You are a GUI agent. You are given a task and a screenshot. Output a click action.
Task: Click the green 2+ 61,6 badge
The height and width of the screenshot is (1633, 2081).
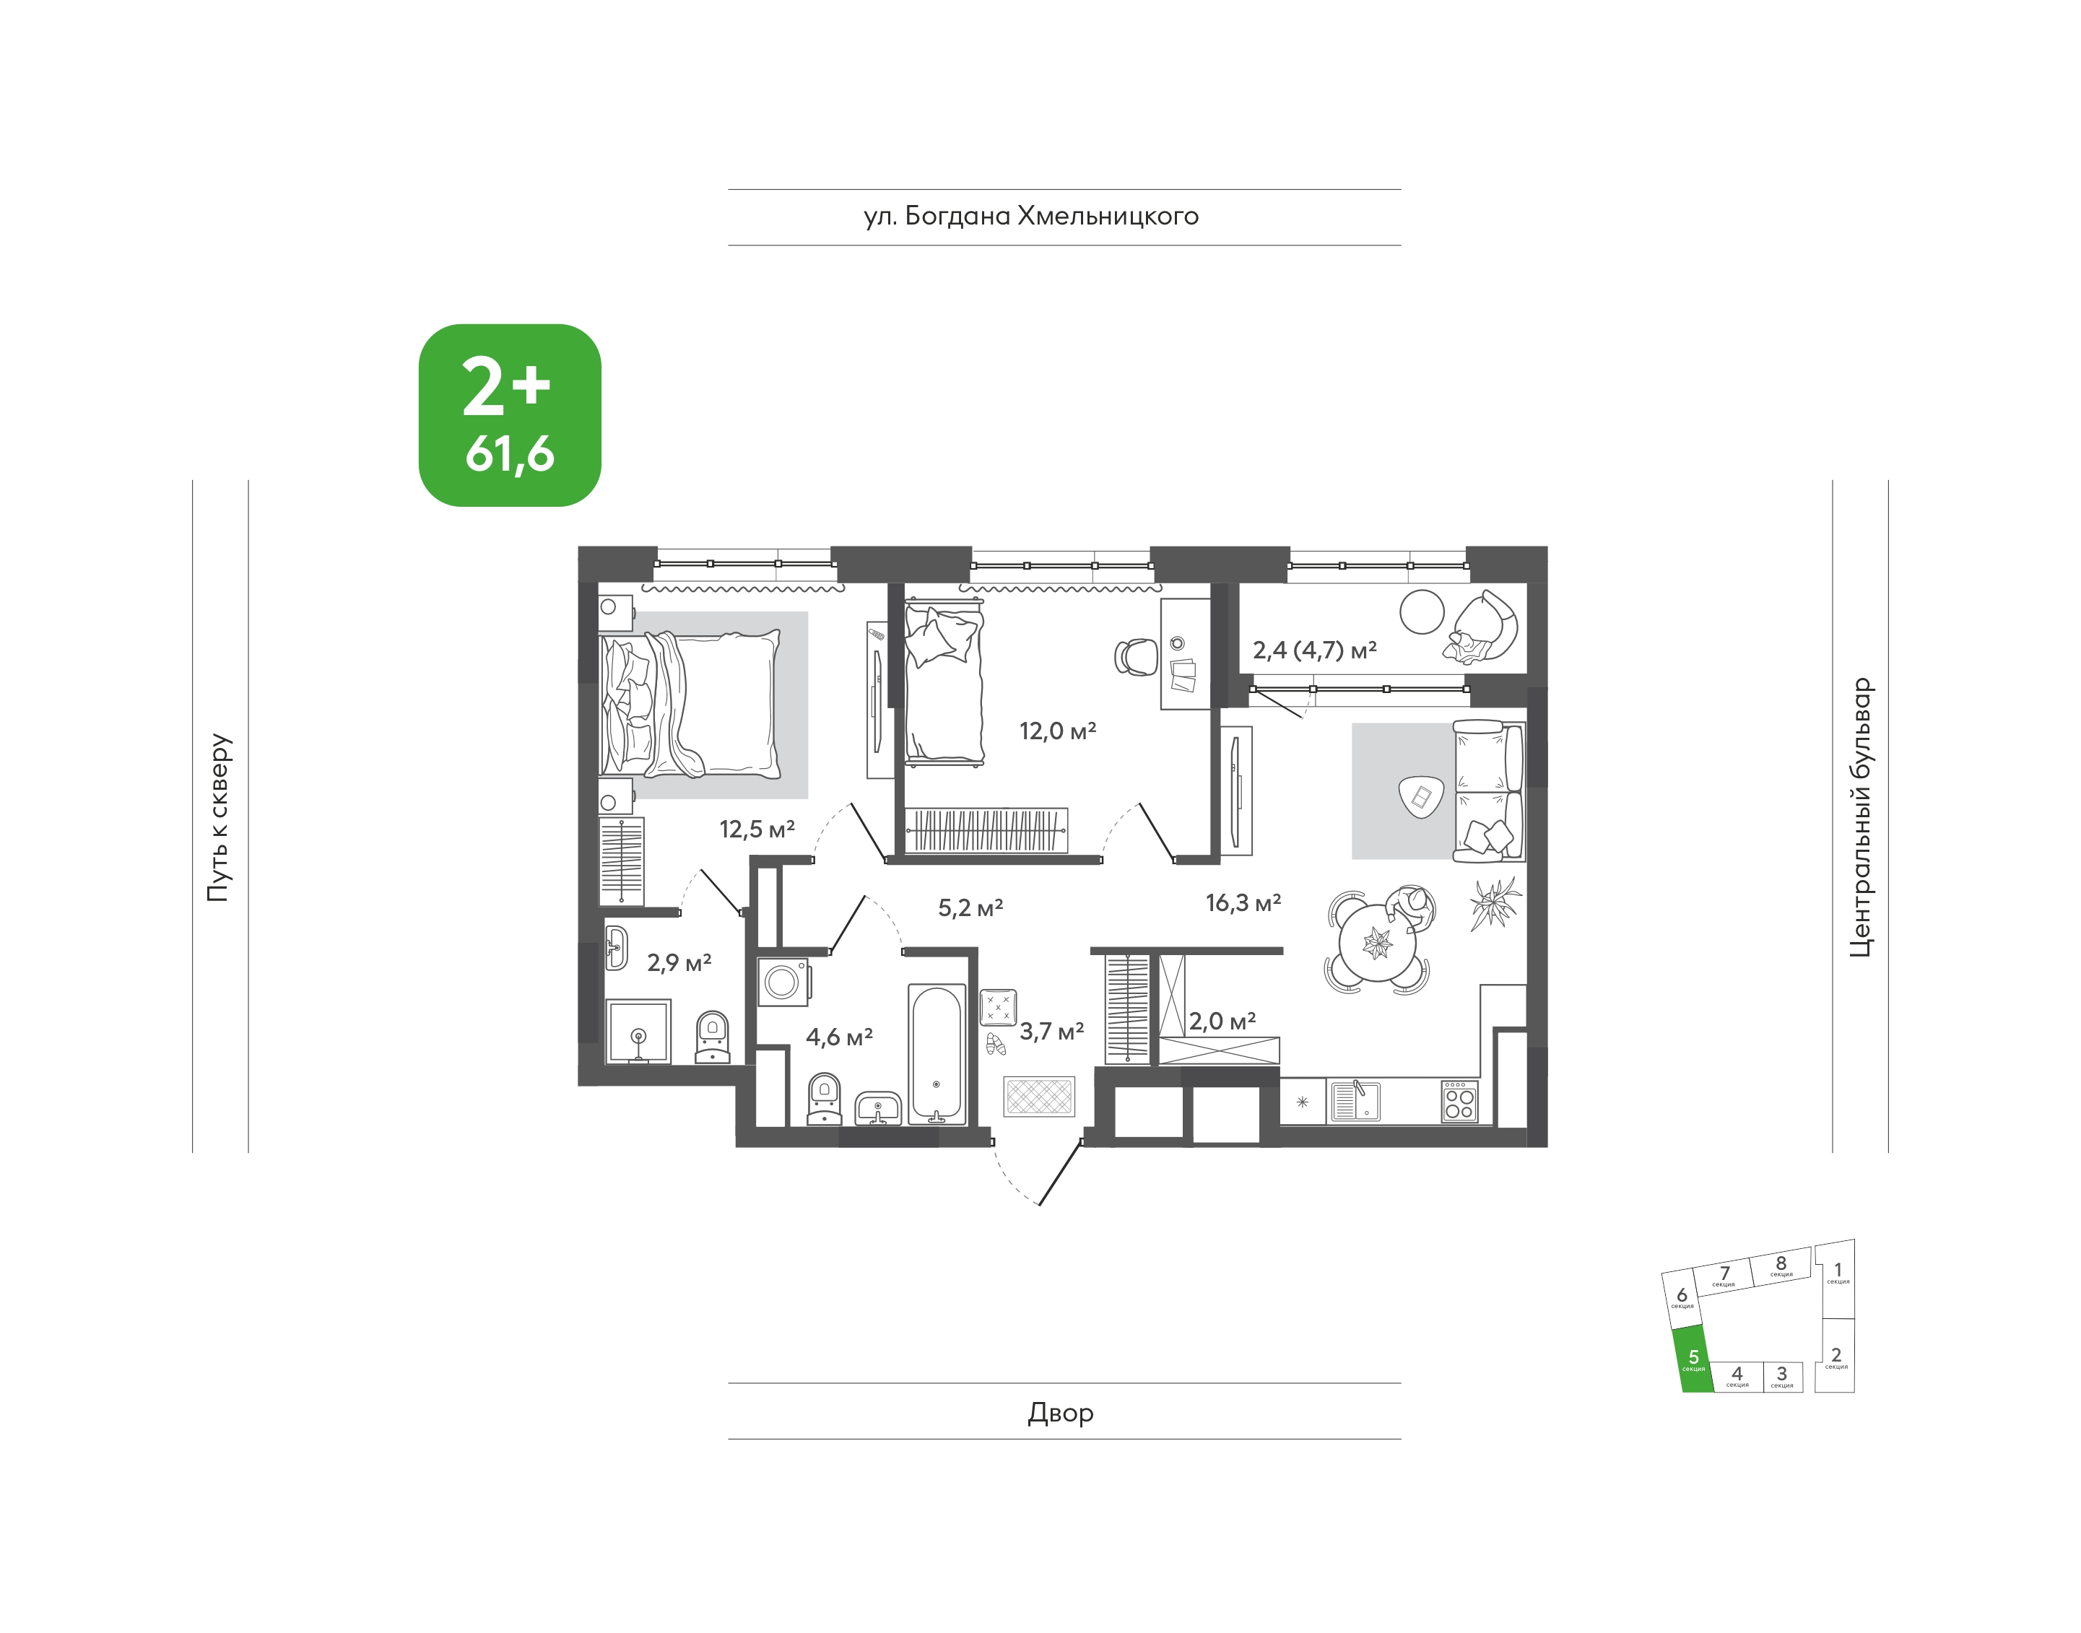510,415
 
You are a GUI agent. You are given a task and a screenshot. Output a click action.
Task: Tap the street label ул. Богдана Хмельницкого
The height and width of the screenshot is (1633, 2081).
1031,217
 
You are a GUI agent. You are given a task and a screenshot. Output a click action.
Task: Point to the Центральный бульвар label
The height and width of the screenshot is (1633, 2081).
1860,817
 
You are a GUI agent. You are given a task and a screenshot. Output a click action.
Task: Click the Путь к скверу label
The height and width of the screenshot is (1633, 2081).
219,817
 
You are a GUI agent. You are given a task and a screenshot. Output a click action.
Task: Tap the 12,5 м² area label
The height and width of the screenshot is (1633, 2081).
757,829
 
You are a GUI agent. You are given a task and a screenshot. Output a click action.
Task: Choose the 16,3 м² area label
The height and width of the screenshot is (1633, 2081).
1243,902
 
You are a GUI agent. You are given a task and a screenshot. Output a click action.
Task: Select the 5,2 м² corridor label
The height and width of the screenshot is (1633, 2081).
970,907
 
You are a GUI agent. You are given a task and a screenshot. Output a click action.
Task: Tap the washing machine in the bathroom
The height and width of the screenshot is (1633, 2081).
783,982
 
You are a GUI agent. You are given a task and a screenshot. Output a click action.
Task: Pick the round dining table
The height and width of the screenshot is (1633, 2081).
1377,944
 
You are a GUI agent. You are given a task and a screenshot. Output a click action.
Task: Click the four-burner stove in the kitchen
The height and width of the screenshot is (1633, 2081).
1459,1100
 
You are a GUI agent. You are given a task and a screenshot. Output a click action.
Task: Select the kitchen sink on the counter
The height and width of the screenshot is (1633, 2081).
1354,1100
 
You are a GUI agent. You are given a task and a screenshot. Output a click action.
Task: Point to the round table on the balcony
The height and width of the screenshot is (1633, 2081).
1422,611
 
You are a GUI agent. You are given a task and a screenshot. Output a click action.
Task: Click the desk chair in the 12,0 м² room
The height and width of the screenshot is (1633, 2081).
1136,657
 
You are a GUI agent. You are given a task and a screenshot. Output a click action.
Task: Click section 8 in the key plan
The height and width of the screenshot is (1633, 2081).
1781,1265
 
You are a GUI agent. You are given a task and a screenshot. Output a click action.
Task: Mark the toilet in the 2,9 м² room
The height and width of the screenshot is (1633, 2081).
713,1037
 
